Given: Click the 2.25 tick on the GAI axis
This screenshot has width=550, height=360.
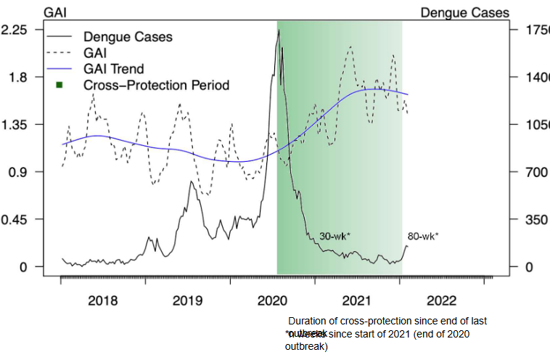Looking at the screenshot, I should point(15,30).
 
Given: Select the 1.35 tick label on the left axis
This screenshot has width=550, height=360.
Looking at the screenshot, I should point(15,125).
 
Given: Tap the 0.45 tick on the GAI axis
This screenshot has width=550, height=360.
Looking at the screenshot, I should point(15,220).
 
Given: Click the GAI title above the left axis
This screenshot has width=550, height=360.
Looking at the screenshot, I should point(56,12).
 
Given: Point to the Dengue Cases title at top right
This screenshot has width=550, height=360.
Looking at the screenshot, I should point(464,12).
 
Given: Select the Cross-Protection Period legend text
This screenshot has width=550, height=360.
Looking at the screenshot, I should point(156,86).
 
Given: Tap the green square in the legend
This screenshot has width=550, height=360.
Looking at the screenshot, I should point(59,86).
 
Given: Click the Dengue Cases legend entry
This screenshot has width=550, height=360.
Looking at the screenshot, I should point(128,36).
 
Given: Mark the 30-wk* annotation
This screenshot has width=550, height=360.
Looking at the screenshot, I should point(335,237).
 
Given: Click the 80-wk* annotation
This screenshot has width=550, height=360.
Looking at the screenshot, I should point(422,237).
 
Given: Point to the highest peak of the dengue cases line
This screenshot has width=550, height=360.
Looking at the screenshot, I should point(279,30).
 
